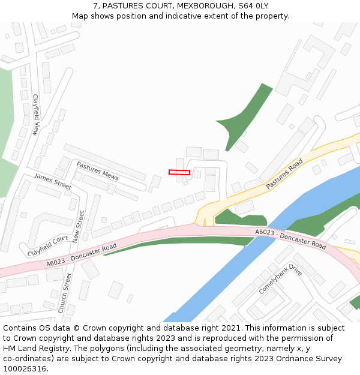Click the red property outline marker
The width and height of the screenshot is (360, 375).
coord(179,172)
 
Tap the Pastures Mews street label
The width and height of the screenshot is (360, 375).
coord(97,170)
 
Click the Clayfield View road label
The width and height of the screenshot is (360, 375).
coord(36,115)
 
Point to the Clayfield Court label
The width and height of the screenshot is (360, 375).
coord(48,246)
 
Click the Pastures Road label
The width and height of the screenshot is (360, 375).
coord(284,175)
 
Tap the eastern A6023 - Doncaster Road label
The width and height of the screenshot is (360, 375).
coord(290,239)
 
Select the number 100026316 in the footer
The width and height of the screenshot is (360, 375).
coord(25,369)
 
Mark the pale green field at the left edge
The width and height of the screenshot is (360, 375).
coord(6,120)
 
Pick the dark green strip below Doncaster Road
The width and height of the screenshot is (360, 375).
coord(180,242)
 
